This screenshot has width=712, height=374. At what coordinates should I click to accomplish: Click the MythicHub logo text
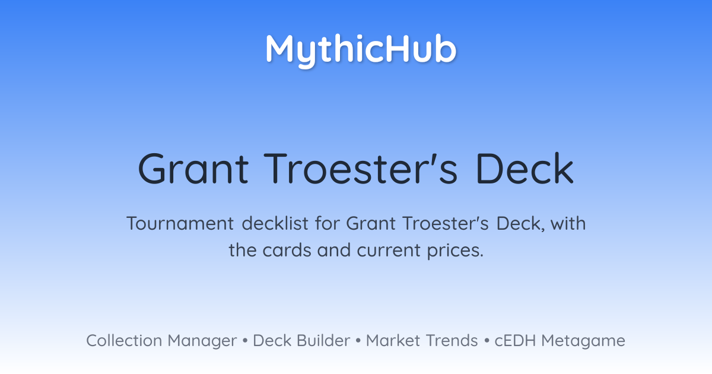point(361,51)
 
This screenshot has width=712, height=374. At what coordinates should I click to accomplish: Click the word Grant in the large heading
point(193,169)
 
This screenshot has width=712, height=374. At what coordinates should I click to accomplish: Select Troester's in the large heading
point(361,169)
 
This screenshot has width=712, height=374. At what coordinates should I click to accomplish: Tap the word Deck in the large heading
point(525,169)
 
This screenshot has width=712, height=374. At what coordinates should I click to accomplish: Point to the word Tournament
point(180,223)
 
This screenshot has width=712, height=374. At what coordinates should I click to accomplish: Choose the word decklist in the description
point(275,223)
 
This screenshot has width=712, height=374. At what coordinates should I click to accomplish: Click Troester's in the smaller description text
point(446,223)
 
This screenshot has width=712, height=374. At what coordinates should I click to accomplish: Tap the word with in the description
point(568,223)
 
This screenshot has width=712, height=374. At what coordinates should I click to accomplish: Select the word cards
point(287,250)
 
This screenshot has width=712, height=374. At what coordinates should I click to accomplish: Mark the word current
point(389,251)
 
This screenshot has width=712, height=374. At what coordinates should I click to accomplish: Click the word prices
point(455,251)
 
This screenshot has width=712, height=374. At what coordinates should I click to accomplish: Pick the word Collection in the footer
point(124,341)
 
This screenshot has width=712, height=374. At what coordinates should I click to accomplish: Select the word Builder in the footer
point(323,341)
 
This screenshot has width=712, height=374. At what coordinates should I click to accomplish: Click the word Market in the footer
point(393,341)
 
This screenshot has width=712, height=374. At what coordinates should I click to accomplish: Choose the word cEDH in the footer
point(515,341)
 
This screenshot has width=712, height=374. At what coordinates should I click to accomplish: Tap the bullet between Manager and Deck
point(244,341)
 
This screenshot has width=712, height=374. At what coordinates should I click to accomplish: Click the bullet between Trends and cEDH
point(487,341)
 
